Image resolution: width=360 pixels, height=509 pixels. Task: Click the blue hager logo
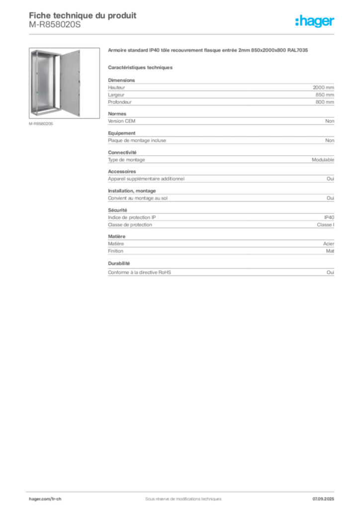[x=315, y=21]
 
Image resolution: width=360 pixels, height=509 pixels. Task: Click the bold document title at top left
[x=82, y=16]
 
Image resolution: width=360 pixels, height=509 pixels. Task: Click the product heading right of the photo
[x=209, y=51]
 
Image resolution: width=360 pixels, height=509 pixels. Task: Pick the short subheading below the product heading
[x=141, y=66]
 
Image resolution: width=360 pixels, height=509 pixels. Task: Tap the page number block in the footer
[x=326, y=496]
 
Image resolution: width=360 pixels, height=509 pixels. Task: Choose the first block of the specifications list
[x=221, y=91]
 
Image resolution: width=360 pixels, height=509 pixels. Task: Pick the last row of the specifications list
[x=221, y=272]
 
